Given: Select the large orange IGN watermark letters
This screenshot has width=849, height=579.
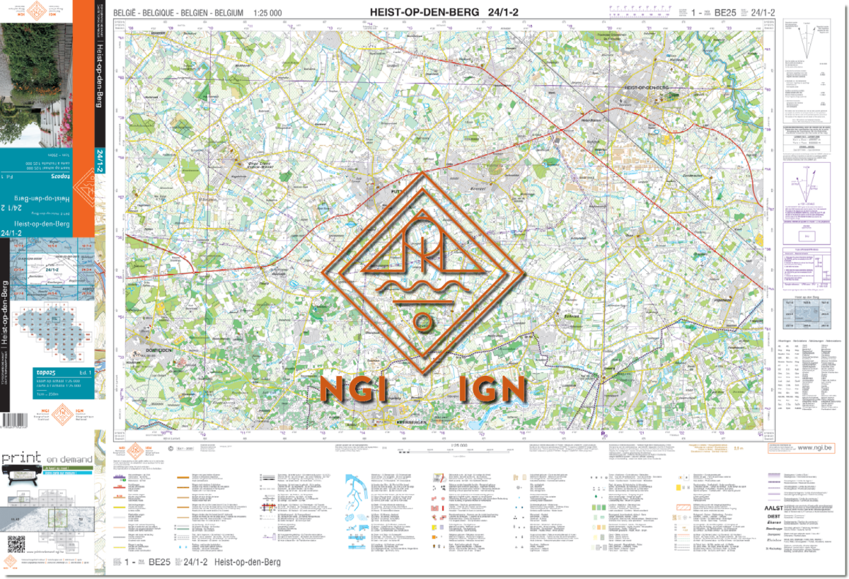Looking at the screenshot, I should pyautogui.click(x=492, y=389).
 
